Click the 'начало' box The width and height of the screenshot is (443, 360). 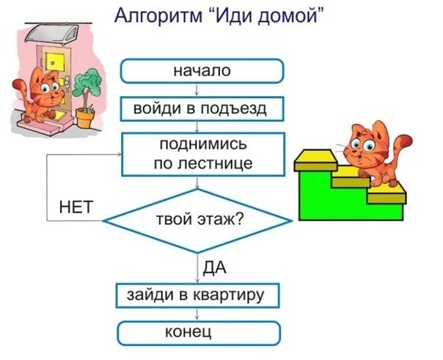point(201,71)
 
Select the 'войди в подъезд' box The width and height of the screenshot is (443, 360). point(202,109)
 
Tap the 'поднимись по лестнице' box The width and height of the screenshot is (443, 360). point(202,153)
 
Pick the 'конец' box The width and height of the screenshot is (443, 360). point(199,333)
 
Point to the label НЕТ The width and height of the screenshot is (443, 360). point(76,207)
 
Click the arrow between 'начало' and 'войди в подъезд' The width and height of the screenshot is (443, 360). point(197,90)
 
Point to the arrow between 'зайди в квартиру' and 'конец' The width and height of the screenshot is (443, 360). point(198,314)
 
